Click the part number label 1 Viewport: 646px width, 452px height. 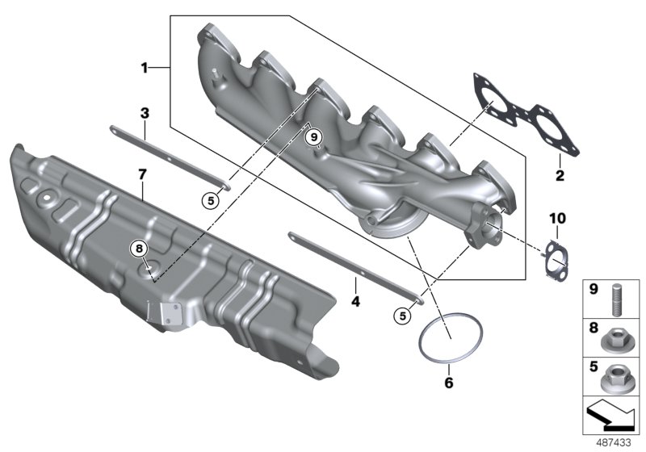click(145, 69)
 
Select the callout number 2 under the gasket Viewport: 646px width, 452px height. click(558, 174)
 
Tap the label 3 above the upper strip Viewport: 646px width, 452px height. click(145, 113)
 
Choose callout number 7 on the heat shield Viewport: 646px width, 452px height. click(142, 174)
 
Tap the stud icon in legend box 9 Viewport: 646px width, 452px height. click(618, 295)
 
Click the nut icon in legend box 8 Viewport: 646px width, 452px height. click(618, 333)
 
